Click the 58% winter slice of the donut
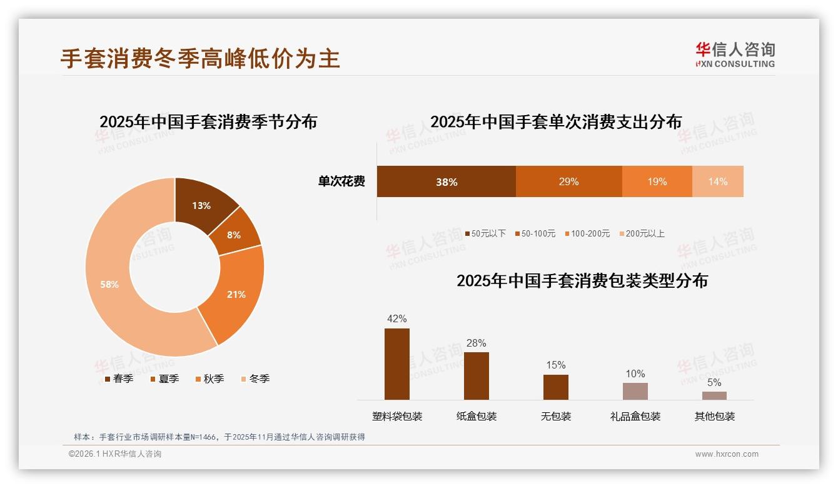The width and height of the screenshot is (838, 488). (x=109, y=285)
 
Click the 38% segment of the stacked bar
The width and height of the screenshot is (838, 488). (x=446, y=181)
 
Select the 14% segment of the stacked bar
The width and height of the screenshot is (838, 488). (x=717, y=181)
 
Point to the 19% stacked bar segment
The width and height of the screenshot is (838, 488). (x=657, y=181)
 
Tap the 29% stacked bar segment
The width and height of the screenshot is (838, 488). (x=568, y=181)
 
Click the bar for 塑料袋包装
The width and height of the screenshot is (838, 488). (x=396, y=364)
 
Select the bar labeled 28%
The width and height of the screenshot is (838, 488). (x=476, y=375)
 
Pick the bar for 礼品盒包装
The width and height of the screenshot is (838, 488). (x=635, y=391)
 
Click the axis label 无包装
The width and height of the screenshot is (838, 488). (x=555, y=416)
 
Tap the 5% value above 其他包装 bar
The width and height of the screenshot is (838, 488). (x=714, y=382)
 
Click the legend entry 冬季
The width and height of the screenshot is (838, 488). (x=255, y=379)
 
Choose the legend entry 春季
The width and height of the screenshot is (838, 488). (x=118, y=379)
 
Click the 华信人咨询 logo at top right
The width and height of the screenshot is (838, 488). (x=735, y=54)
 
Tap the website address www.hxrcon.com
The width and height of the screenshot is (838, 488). (x=727, y=454)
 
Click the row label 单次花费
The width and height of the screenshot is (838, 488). (x=341, y=181)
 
